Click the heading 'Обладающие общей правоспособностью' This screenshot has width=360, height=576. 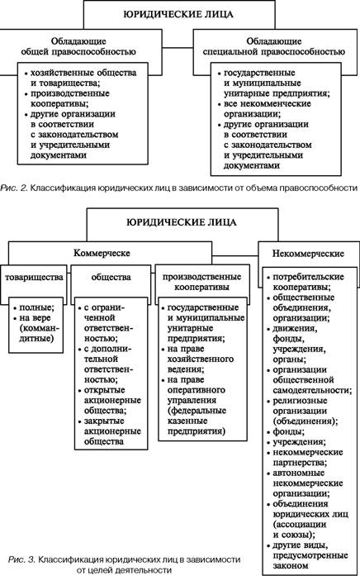point(78,46)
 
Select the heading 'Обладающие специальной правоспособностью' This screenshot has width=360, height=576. point(274,46)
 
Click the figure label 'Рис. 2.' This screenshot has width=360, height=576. point(14,188)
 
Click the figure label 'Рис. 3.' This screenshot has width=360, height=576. point(22,559)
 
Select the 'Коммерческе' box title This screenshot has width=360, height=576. point(102,253)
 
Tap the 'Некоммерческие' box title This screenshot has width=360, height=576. point(308,254)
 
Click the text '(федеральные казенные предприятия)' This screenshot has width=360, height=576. point(197,421)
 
